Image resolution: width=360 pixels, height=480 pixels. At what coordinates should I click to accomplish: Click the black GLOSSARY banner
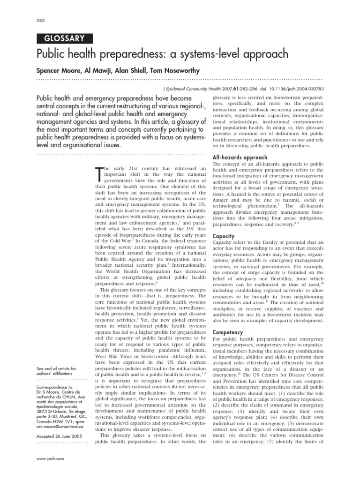point(64,39)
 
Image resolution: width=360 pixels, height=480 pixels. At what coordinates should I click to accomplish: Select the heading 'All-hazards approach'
point(240,157)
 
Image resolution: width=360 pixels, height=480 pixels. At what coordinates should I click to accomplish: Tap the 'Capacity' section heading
point(224,236)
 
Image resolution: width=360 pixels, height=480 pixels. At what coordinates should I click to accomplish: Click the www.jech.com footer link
point(50,458)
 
